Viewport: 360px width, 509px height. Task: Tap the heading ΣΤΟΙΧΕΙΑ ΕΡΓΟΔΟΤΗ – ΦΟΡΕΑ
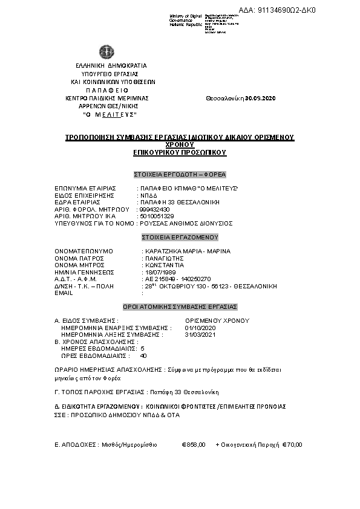180,175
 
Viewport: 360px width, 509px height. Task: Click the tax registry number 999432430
154,209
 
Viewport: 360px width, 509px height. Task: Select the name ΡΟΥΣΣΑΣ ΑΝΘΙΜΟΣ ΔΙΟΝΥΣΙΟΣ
186,223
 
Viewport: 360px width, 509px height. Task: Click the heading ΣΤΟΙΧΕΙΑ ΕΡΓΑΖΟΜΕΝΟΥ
180,238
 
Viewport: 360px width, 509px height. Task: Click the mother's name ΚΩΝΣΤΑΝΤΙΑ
162,265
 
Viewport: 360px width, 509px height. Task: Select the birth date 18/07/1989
155,273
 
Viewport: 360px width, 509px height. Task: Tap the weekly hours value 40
143,355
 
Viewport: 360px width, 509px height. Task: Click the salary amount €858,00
194,445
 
